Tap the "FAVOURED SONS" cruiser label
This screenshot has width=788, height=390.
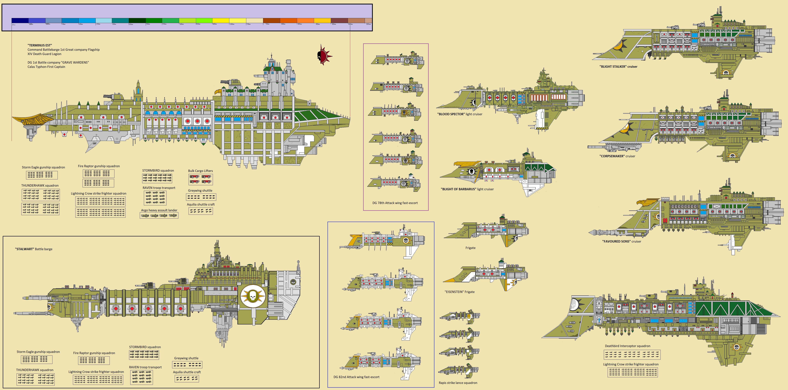621,241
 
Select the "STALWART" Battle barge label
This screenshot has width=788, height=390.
34,249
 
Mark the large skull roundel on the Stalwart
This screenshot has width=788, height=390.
253,296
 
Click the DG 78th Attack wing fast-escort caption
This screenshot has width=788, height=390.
395,203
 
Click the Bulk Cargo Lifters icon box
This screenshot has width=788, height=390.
200,179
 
